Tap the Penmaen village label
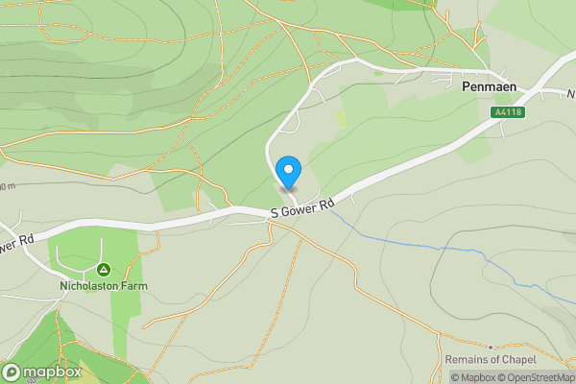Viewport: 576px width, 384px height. [489, 86]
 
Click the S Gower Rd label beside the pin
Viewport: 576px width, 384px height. [302, 207]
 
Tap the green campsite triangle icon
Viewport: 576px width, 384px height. [104, 270]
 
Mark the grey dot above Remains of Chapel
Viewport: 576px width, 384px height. [490, 347]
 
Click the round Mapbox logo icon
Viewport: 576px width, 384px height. [12, 372]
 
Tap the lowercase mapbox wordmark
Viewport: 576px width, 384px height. [53, 372]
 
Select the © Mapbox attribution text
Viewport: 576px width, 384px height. [476, 377]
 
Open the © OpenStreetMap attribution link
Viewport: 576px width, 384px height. [540, 377]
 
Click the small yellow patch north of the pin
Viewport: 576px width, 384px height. [342, 119]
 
